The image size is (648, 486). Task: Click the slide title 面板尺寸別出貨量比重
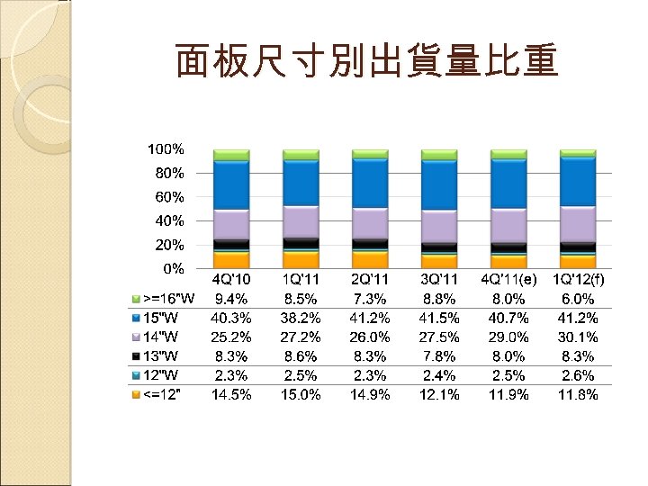tap(367, 62)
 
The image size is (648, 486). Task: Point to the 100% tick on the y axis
tap(166, 148)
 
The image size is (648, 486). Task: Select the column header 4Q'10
tap(231, 279)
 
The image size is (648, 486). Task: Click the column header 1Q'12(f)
tap(578, 279)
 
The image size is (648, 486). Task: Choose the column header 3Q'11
tap(439, 279)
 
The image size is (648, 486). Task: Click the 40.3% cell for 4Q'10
tap(231, 318)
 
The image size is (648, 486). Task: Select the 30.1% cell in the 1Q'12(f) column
tap(578, 337)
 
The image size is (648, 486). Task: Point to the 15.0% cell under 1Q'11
tap(301, 395)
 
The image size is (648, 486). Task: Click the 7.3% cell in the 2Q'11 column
tap(370, 298)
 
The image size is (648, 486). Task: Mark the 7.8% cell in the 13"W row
tap(439, 356)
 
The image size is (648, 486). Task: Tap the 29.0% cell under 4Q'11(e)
tap(508, 337)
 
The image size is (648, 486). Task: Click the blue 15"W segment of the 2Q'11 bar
tap(370, 184)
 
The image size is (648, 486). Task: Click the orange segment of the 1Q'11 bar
tap(301, 259)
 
